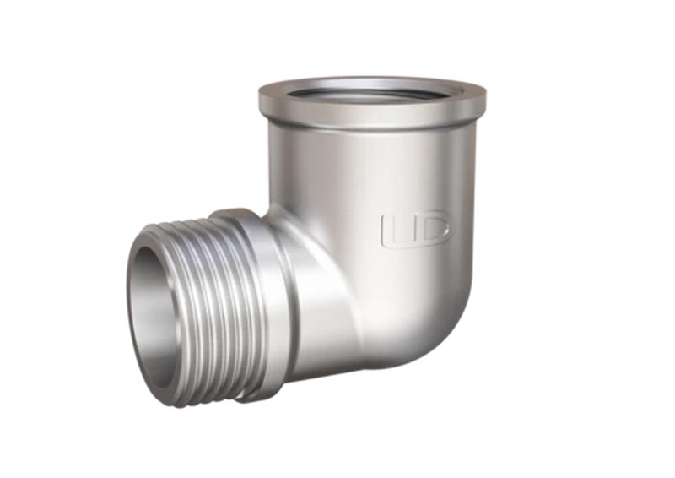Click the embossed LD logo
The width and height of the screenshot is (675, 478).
coord(417,230)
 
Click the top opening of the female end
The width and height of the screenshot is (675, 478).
coord(376,90)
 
